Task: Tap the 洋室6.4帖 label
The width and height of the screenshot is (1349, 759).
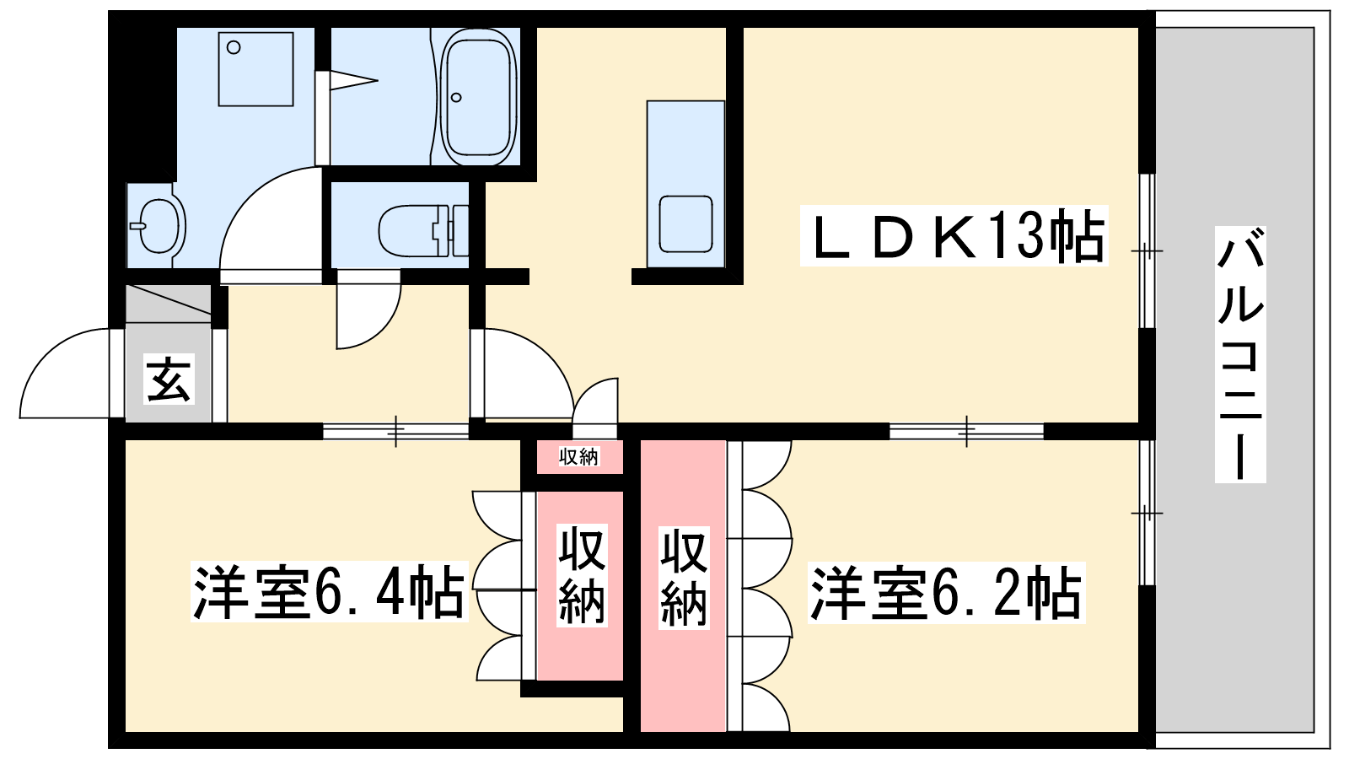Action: click(x=329, y=591)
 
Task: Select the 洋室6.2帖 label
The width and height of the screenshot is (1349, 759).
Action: click(x=946, y=593)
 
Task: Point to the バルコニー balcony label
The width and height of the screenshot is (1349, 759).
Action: click(x=1240, y=354)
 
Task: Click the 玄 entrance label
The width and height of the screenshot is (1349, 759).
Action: click(x=169, y=379)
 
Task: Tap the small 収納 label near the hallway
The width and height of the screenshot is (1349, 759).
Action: click(x=578, y=457)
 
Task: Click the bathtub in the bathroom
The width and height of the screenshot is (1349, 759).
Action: click(x=480, y=96)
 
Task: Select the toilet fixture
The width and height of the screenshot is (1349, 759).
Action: click(x=423, y=230)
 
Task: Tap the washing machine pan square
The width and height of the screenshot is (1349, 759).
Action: click(x=256, y=69)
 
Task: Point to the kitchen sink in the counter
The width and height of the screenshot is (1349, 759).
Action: click(x=685, y=224)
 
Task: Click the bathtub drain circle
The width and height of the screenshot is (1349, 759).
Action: click(x=456, y=97)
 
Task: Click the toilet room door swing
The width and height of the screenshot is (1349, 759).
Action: click(x=368, y=309)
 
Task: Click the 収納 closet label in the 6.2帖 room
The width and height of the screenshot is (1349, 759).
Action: click(x=684, y=578)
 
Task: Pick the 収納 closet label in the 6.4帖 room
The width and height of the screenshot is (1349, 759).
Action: click(x=581, y=574)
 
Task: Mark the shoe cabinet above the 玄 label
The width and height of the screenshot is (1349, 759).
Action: click(x=169, y=303)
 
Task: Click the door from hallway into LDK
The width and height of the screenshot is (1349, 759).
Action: click(x=522, y=374)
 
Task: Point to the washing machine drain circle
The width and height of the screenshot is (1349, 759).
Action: click(x=234, y=47)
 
